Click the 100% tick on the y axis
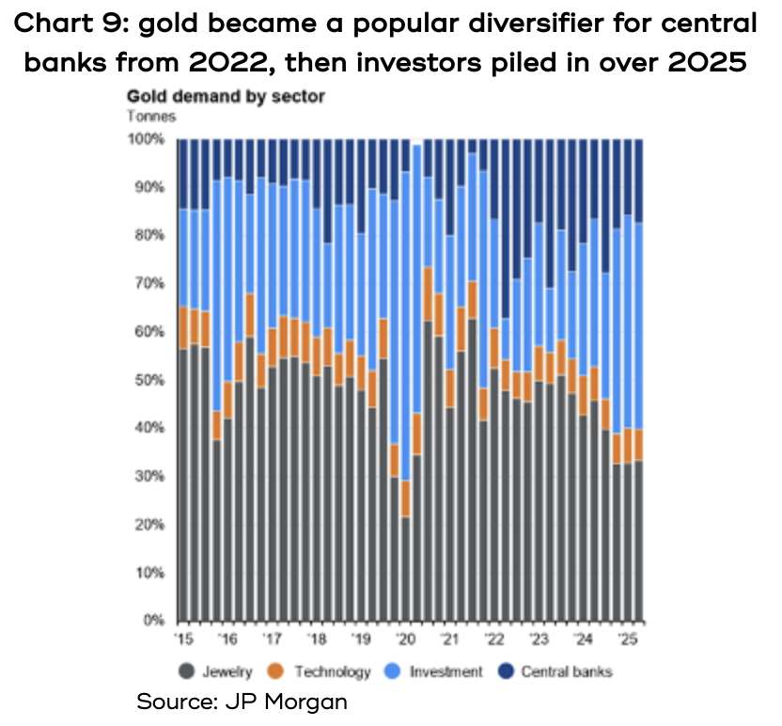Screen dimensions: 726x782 point(149,139)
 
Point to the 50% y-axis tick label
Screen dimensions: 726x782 point(152,380)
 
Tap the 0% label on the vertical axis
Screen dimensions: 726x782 point(156,621)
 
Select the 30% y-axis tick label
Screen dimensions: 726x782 point(152,476)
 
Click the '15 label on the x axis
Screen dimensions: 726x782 point(182,639)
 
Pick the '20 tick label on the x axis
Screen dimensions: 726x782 point(406,639)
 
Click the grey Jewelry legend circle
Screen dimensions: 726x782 point(185,671)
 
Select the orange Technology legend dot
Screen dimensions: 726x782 point(277,671)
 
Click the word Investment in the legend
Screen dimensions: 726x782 point(446,671)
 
